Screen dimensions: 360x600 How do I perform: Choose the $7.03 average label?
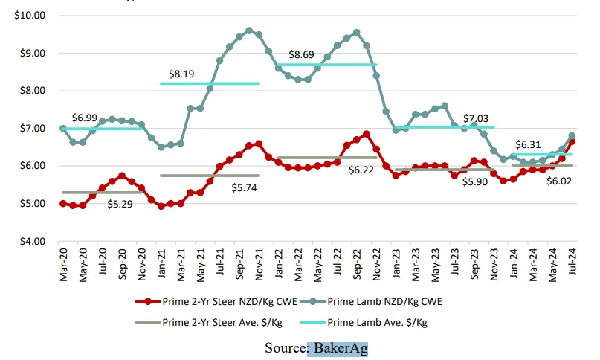click(477, 118)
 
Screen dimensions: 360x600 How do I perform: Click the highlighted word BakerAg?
click(338, 347)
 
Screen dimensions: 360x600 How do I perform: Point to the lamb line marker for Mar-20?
click(63, 128)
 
